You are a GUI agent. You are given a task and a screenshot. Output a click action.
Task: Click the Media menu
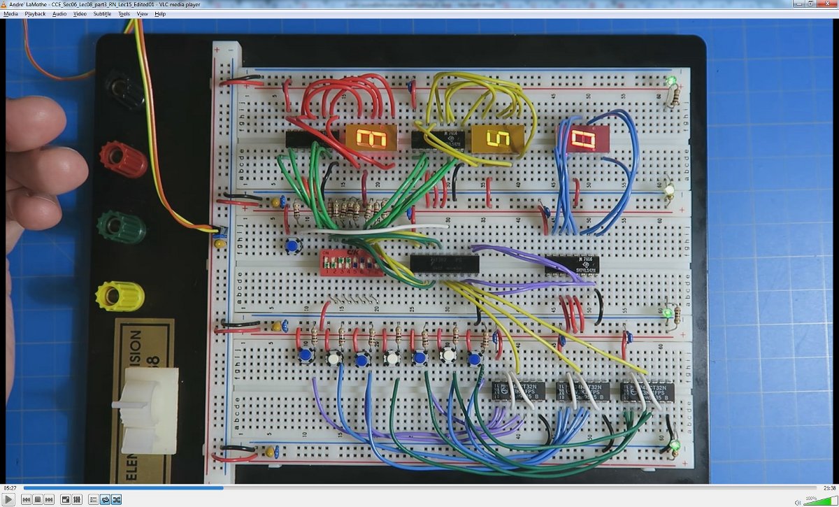tap(11, 14)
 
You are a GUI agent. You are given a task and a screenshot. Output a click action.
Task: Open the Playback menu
tap(35, 14)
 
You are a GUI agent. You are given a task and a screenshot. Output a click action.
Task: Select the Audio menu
tap(59, 14)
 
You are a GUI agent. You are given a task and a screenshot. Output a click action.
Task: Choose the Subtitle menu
tap(102, 14)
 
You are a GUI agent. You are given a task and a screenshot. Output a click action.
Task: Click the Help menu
tap(160, 14)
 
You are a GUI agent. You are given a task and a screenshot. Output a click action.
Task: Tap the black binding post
tap(124, 87)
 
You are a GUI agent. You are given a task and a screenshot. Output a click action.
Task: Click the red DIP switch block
tap(351, 262)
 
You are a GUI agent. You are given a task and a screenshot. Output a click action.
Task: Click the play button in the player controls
tap(9, 499)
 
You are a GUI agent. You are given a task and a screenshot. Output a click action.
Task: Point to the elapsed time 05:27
tap(10, 487)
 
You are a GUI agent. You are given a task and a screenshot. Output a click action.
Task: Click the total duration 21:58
tap(829, 487)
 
